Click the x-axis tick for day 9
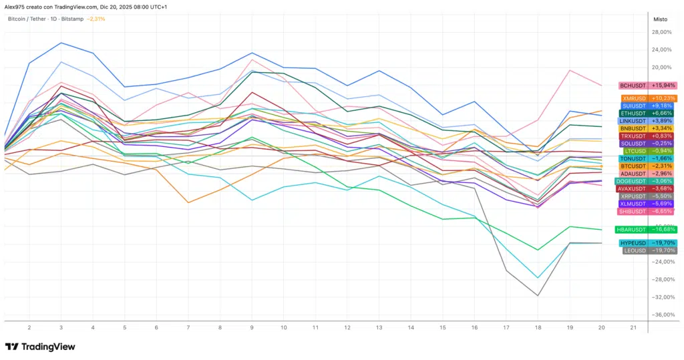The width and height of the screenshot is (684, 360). click(252, 328)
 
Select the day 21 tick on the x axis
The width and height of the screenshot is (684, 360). click(633, 328)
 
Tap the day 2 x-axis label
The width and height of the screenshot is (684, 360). click(29, 328)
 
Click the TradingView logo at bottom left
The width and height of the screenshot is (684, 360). click(40, 347)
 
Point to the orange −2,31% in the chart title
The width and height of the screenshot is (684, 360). click(96, 19)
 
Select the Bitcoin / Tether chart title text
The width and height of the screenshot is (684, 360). click(46, 19)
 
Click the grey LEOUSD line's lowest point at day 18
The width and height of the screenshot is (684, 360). click(538, 295)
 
